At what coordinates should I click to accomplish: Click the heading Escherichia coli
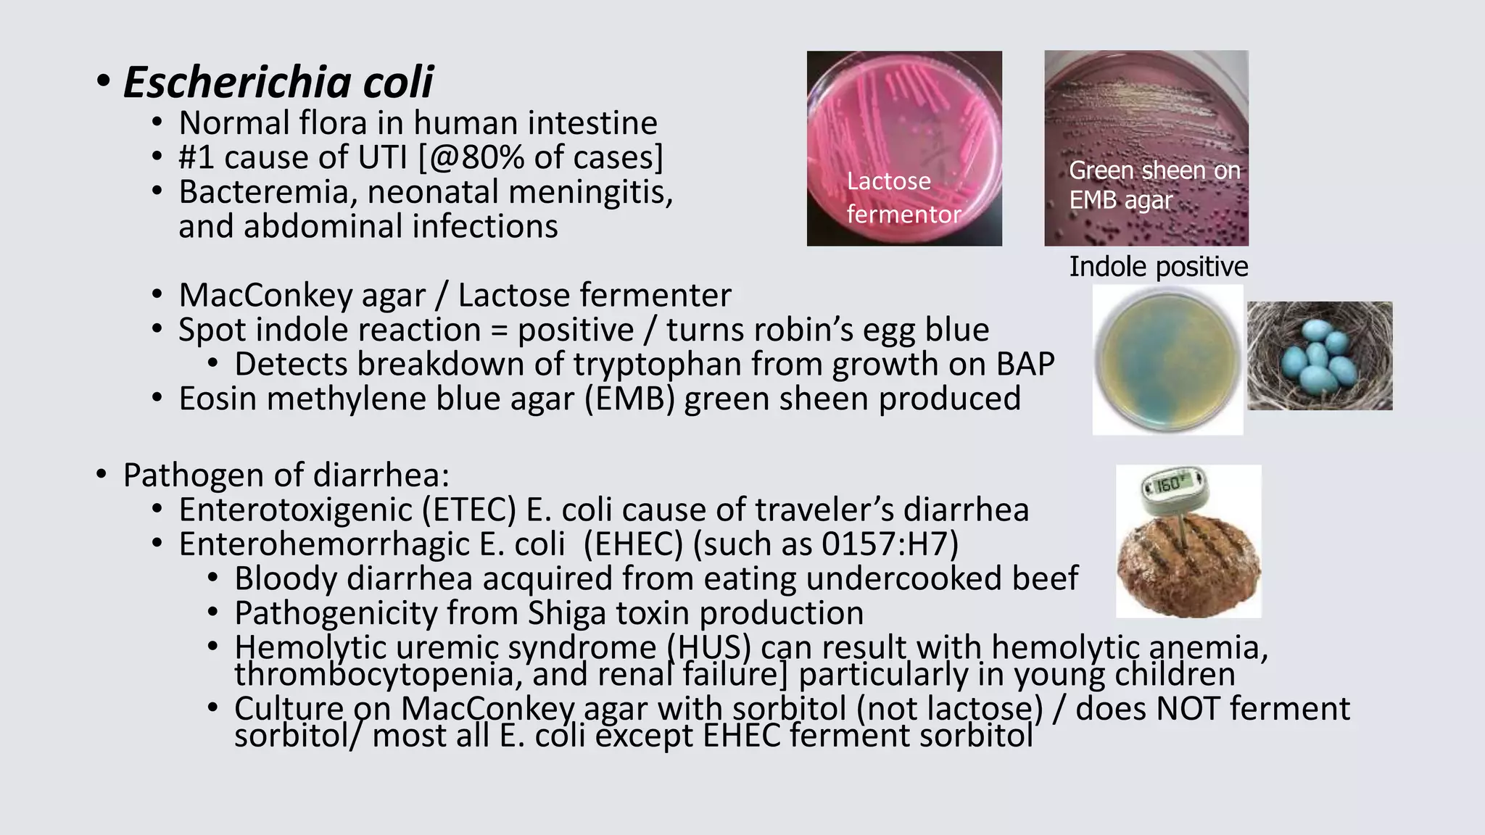tap(278, 81)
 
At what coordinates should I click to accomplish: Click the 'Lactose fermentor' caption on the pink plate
tap(903, 197)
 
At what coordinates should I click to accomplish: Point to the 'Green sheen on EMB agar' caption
tap(1154, 185)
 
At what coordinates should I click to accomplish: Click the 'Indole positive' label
tap(1158, 267)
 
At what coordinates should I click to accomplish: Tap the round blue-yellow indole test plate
tap(1167, 360)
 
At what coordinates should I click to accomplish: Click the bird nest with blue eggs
tap(1320, 356)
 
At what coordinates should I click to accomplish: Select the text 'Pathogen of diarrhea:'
tap(286, 475)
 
